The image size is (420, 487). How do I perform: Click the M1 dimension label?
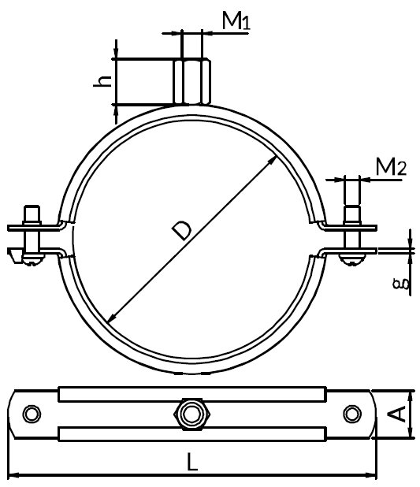tap(235, 21)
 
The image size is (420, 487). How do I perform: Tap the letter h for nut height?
tap(100, 82)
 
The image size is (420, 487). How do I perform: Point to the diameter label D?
tap(180, 229)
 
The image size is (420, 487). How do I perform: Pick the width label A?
tap(399, 413)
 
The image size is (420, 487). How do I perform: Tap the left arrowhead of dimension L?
tap(14, 475)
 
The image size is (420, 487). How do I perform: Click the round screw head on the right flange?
tap(351, 255)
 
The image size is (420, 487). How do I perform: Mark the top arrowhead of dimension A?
tap(411, 395)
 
